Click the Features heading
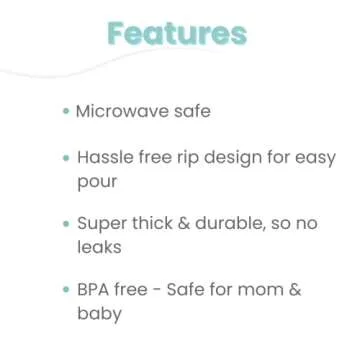point(177,33)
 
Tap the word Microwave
point(119,111)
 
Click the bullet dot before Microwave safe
point(66,111)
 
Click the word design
point(235,158)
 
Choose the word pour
point(97,183)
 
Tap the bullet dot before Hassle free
point(66,158)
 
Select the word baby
point(100,314)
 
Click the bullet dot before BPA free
point(66,289)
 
